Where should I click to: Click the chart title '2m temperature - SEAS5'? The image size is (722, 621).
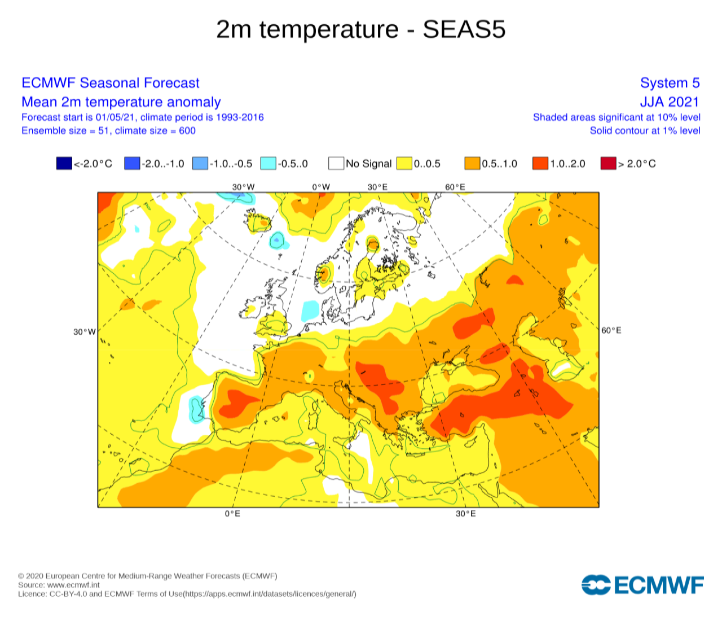pos(361,29)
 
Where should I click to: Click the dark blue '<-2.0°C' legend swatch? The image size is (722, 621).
pos(64,164)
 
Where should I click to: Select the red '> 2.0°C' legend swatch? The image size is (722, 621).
pos(608,164)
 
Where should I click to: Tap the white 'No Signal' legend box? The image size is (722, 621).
pos(336,164)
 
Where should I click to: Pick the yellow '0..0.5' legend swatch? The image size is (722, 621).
pos(404,164)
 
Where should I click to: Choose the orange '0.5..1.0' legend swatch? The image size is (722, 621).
pos(472,164)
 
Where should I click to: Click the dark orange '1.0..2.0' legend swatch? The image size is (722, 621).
pos(540,164)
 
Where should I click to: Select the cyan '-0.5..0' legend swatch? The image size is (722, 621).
pos(268,164)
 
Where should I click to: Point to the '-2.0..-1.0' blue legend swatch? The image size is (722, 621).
pos(132,164)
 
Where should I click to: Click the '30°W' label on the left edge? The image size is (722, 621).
pos(85,331)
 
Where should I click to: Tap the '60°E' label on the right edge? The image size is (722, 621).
pos(611,330)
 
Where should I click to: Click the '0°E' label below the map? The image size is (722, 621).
pos(232,514)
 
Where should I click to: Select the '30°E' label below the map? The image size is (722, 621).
pos(465,514)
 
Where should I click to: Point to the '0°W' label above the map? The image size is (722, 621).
pos(321,187)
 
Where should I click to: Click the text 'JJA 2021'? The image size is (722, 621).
pos(669,102)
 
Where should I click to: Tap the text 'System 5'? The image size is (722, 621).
pos(670,83)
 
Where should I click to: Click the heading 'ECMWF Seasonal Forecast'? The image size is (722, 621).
pos(111,83)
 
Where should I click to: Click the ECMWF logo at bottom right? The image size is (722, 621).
pos(642,585)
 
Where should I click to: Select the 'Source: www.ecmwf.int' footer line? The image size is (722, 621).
pos(59,585)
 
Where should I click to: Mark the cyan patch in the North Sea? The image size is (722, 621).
pos(310,310)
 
